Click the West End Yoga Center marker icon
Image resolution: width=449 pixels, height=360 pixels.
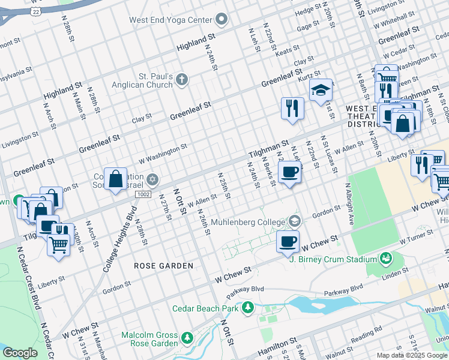click(x=221, y=20)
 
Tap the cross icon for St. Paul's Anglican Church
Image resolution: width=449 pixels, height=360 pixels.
click(x=182, y=79)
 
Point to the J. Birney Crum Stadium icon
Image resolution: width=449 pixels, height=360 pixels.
click(x=386, y=259)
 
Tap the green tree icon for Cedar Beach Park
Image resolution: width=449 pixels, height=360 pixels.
click(x=247, y=308)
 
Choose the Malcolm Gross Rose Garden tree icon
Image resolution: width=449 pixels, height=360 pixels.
click(x=187, y=339)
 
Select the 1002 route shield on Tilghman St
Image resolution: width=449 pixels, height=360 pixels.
click(x=143, y=194)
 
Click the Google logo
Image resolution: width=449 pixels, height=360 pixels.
click(x=20, y=352)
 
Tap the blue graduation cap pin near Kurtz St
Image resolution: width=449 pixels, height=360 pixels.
click(x=321, y=91)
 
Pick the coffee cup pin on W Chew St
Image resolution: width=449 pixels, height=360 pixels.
click(x=287, y=242)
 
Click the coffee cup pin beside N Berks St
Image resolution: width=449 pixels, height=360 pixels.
click(x=289, y=172)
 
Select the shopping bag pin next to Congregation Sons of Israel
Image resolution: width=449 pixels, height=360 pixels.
click(x=115, y=179)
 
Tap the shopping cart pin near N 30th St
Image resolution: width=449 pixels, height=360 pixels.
click(x=58, y=244)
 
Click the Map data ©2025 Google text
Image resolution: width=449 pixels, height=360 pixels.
click(x=412, y=355)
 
